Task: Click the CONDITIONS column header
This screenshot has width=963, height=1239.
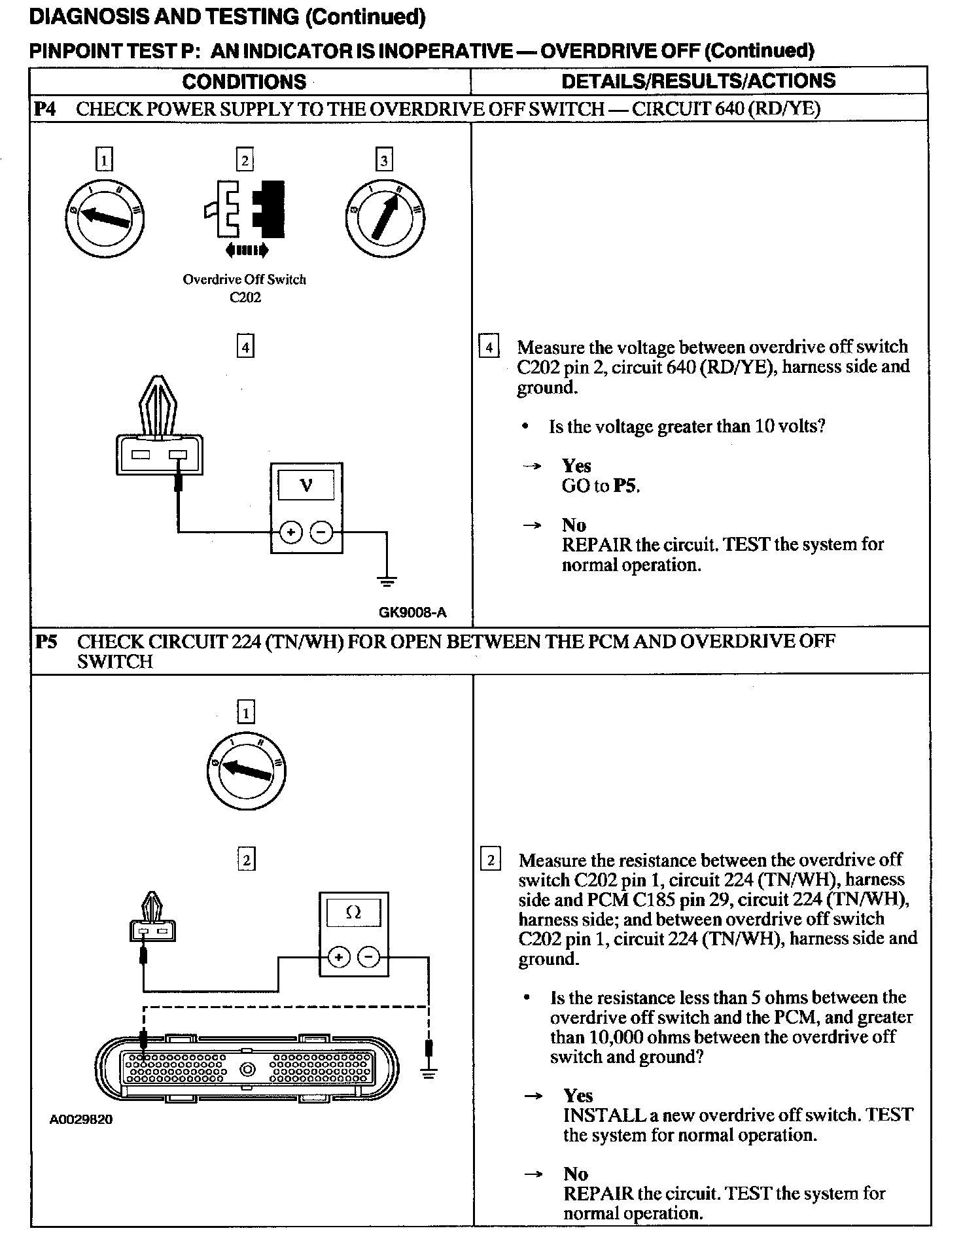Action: click(244, 82)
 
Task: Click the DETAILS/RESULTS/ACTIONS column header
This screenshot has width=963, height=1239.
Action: click(698, 80)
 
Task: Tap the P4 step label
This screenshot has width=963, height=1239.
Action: click(44, 109)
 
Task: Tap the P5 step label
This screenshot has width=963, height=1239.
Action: click(46, 641)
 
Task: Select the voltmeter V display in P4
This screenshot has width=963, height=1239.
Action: click(306, 485)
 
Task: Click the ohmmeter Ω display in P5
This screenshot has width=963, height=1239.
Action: click(353, 913)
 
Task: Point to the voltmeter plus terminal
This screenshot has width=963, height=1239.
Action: click(290, 532)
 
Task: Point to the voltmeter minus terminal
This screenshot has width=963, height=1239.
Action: click(321, 532)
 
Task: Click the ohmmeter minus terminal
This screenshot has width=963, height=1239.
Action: click(369, 958)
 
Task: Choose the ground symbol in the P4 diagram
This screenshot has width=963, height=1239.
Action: click(387, 580)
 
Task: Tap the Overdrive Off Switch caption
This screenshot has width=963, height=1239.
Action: click(244, 279)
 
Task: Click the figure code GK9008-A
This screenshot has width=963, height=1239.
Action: click(412, 612)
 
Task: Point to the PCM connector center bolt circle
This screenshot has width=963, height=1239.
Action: click(248, 1070)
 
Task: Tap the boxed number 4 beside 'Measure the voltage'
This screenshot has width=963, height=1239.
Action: click(489, 347)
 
